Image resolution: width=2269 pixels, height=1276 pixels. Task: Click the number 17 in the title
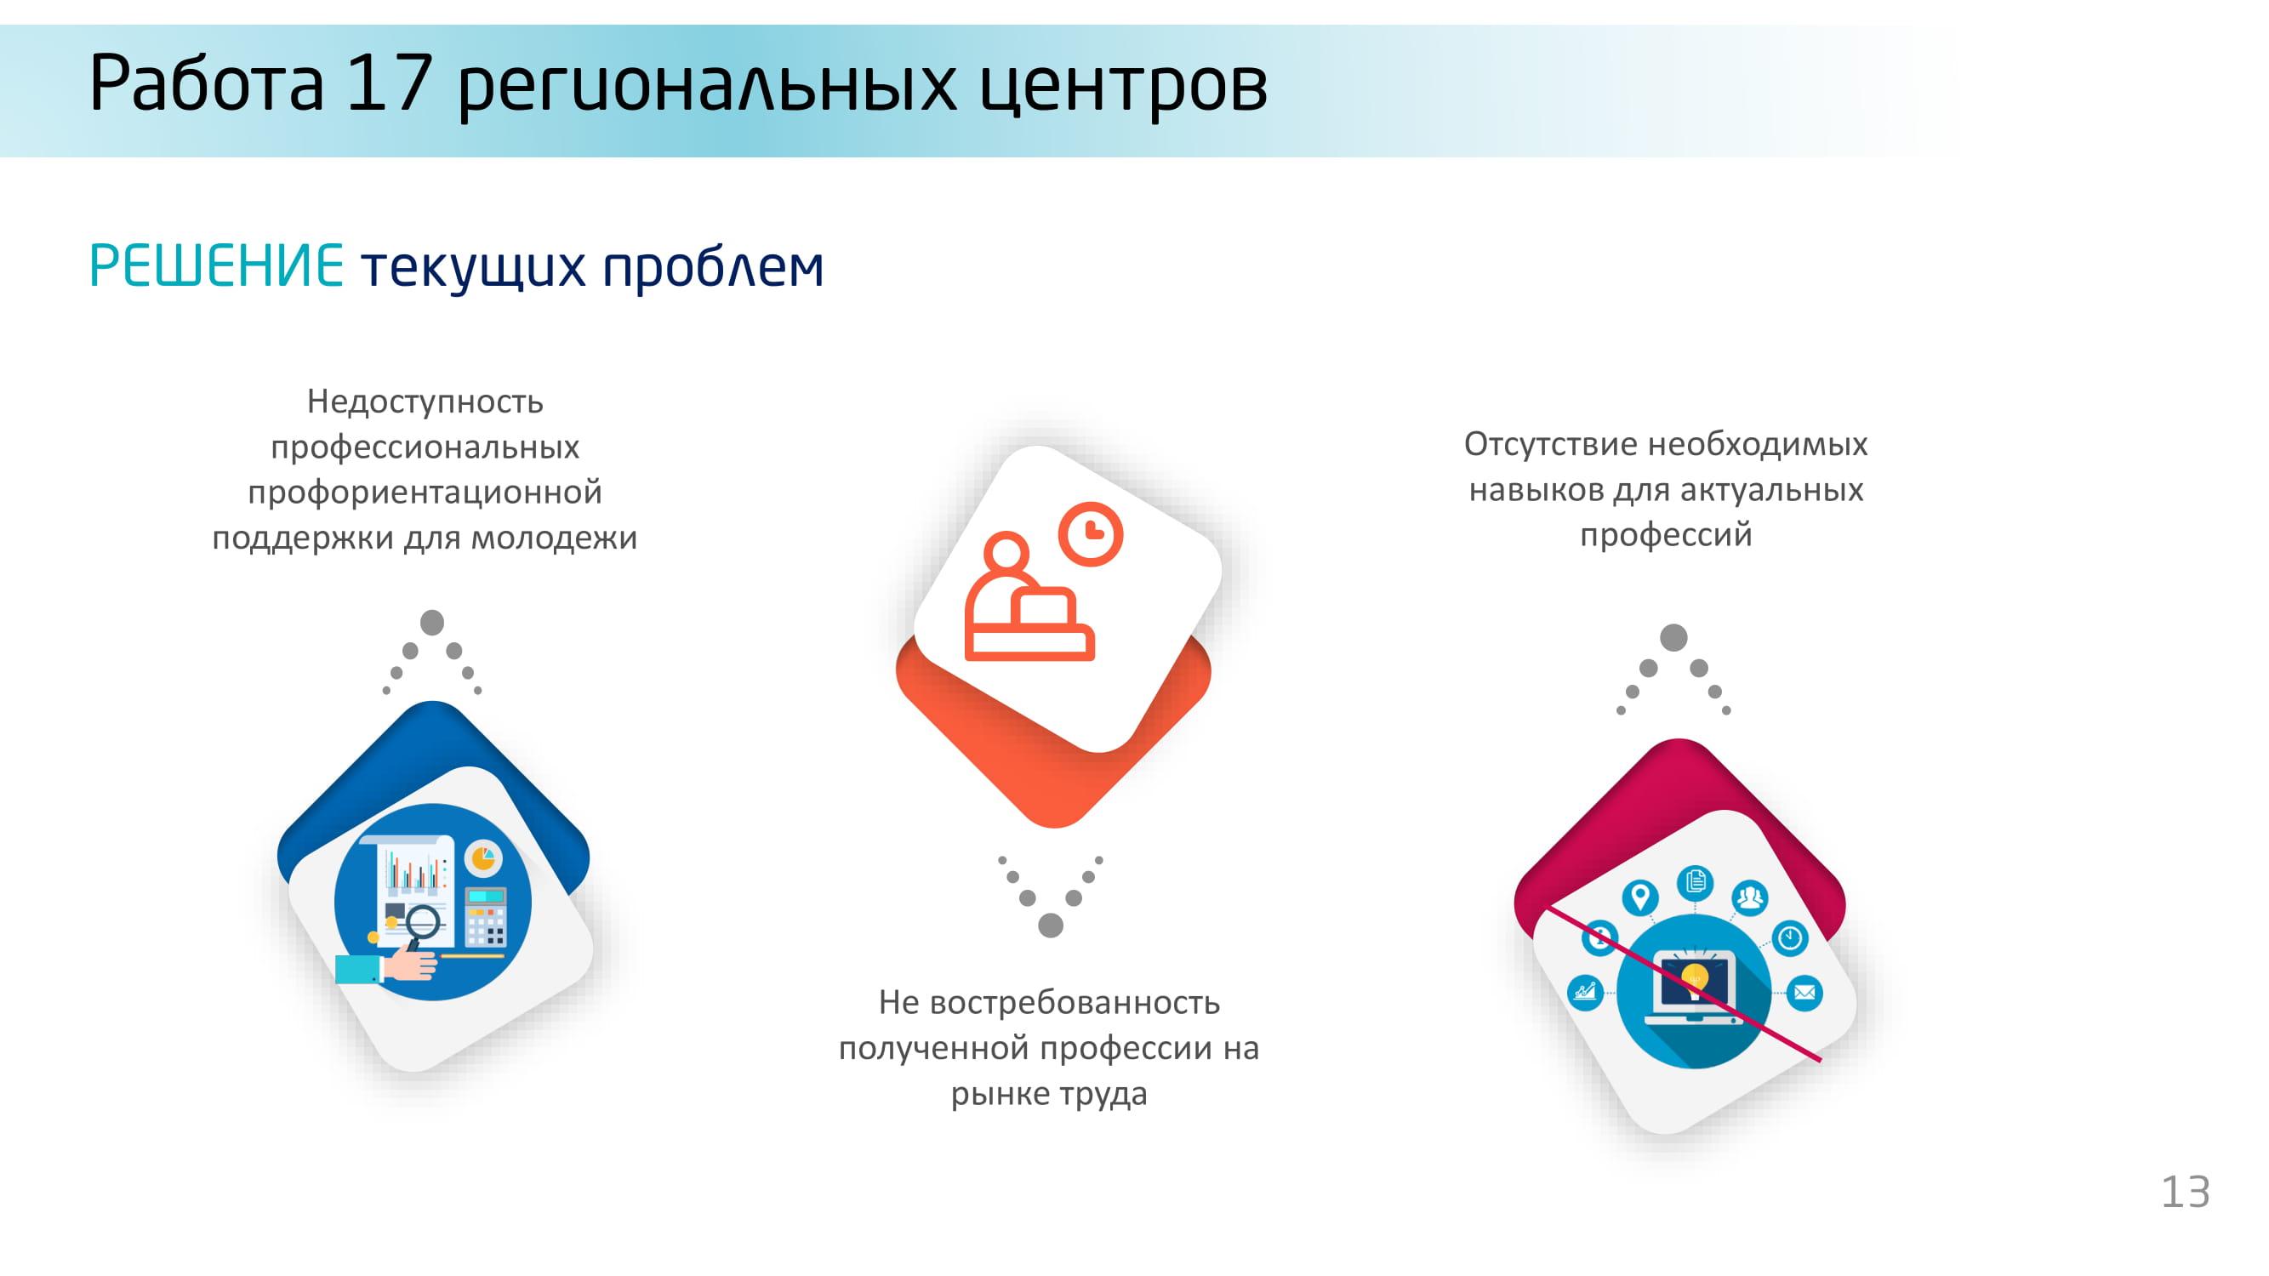coord(389,83)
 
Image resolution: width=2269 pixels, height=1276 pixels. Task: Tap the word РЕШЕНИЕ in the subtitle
coord(217,266)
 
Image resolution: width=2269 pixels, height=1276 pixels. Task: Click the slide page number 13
coord(2186,1193)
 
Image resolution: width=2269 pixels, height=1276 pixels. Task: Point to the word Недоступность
coord(425,402)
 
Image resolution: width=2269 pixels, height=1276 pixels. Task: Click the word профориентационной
coord(425,493)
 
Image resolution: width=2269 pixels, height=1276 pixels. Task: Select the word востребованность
coord(1075,1002)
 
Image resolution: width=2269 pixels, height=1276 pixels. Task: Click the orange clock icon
coord(1091,533)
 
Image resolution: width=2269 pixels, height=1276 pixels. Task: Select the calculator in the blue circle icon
coord(484,916)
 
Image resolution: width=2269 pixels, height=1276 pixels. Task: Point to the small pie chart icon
coord(482,857)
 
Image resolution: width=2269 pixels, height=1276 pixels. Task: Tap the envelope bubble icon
coord(1804,993)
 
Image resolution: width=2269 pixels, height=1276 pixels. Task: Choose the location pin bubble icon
coord(1639,898)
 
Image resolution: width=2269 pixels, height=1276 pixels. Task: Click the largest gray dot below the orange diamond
coord(1050,926)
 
